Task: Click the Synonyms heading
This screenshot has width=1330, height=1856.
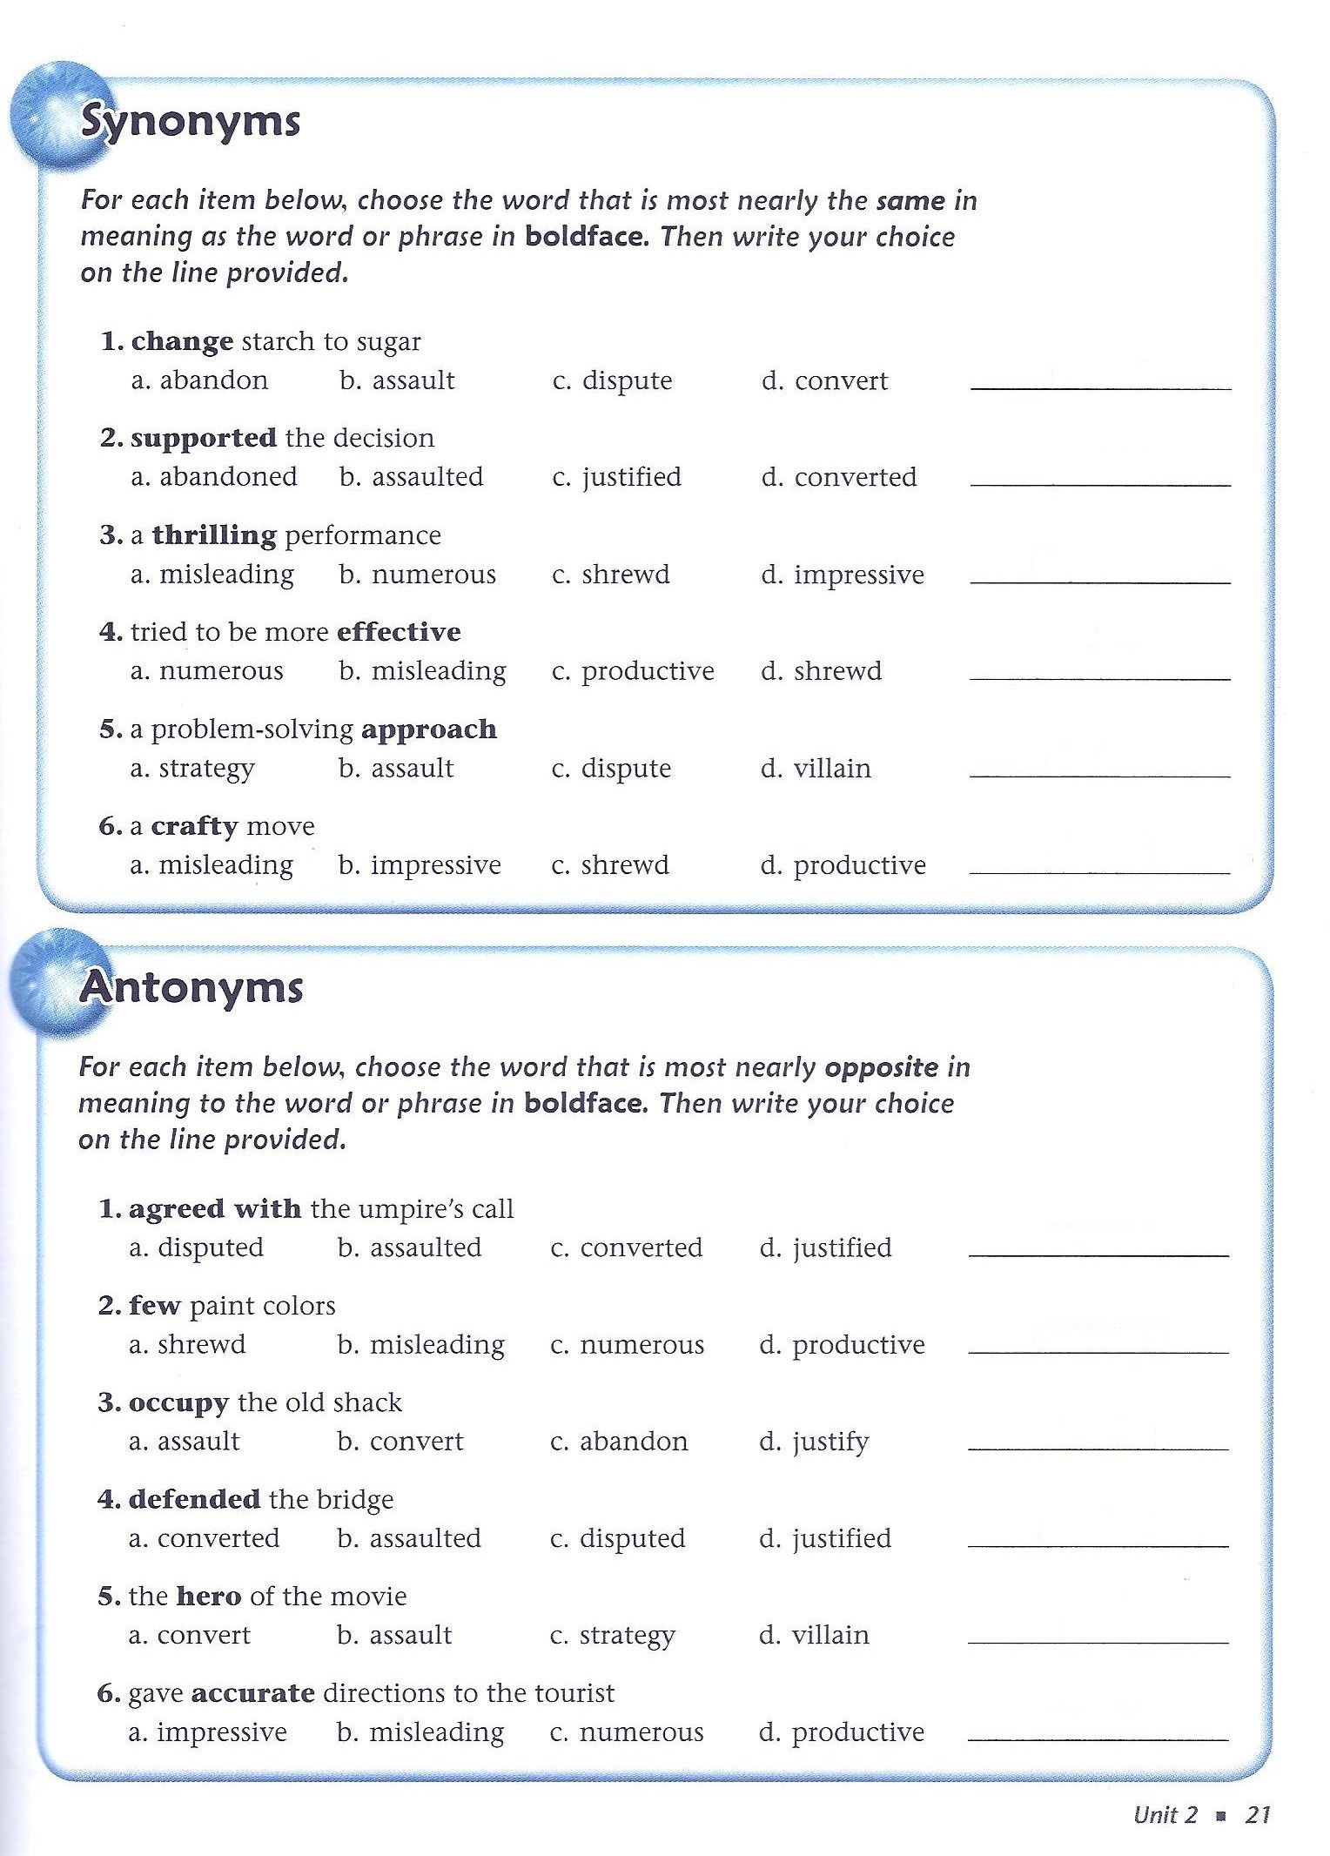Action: click(190, 123)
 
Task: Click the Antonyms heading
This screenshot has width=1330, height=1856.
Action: click(191, 988)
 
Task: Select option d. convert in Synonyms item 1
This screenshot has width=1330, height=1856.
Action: click(824, 381)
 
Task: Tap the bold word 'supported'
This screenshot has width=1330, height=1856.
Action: click(204, 438)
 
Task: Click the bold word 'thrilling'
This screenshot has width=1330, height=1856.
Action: click(214, 535)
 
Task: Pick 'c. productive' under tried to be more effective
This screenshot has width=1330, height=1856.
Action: click(633, 672)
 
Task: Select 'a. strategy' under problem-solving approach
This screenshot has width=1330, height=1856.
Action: click(192, 769)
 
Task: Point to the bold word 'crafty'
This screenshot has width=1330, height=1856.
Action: click(194, 826)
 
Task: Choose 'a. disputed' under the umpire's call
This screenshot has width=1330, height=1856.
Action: click(196, 1248)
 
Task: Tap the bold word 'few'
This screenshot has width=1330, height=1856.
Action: click(154, 1306)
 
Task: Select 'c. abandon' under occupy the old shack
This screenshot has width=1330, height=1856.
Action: click(619, 1442)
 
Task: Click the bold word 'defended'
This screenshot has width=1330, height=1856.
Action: click(194, 1499)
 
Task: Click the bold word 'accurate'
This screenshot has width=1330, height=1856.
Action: click(252, 1693)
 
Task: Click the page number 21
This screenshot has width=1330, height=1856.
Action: click(1258, 1815)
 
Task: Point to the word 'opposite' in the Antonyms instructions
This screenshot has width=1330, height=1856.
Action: click(881, 1067)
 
